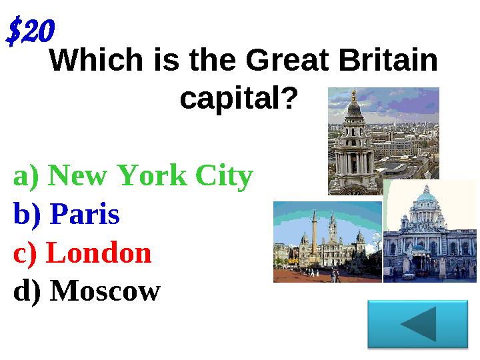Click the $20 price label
click(x=30, y=31)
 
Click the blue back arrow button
click(x=418, y=323)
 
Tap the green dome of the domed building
click(x=426, y=195)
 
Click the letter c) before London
click(x=26, y=253)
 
